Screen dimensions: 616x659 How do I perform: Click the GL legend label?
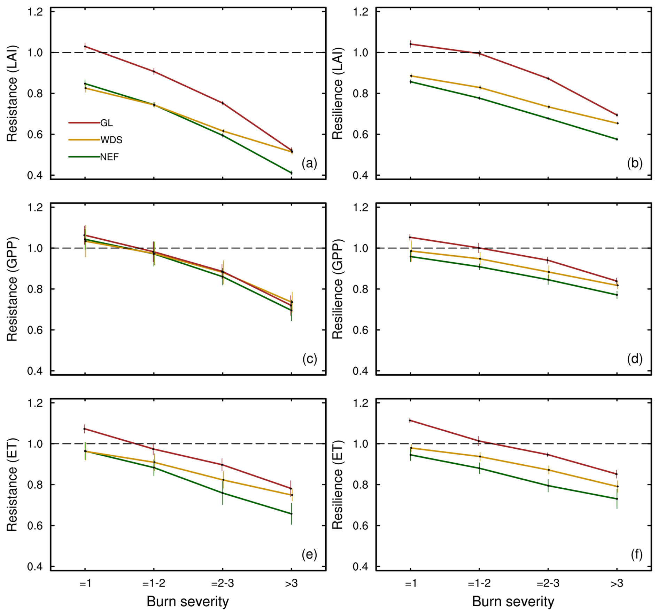tap(107, 123)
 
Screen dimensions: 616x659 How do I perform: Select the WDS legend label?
tap(111, 140)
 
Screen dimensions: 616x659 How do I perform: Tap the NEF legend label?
tap(109, 157)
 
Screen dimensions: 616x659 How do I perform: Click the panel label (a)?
tap(309, 163)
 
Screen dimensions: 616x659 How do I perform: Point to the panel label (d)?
tap(635, 359)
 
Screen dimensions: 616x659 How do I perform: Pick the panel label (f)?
tap(636, 554)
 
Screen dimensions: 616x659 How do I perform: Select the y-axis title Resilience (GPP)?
tap(338, 289)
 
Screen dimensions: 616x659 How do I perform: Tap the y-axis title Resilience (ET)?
tap(338, 485)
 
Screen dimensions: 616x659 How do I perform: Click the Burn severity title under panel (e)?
tap(188, 601)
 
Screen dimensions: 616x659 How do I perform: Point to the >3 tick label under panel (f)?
tap(617, 583)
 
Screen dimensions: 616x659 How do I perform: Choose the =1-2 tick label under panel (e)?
tap(154, 583)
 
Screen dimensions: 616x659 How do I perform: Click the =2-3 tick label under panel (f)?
tap(548, 583)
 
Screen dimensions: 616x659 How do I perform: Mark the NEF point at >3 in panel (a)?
tap(292, 173)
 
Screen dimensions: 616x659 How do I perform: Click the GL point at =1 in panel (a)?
tap(85, 46)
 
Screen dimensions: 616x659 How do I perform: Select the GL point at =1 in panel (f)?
tap(410, 421)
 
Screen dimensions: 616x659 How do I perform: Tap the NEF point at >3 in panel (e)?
tap(292, 514)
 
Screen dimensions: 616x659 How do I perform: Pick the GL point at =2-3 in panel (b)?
tap(548, 79)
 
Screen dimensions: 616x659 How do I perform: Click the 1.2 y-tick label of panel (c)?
tap(35, 208)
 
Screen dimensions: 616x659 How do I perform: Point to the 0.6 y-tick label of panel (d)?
tap(360, 330)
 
